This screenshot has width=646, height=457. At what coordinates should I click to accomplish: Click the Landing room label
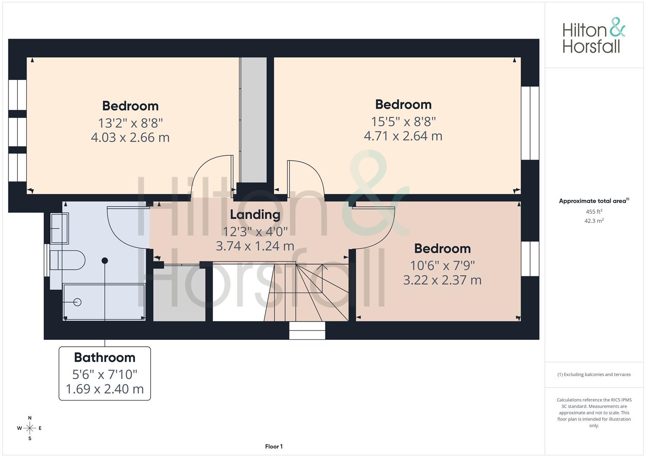[x=255, y=215]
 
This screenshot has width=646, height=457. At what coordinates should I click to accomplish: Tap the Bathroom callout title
[x=104, y=358]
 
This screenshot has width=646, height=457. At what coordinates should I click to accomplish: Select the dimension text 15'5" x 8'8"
[x=403, y=122]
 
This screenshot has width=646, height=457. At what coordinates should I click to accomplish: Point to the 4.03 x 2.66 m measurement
[x=130, y=138]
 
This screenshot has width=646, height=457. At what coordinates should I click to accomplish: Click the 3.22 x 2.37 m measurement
[x=442, y=280]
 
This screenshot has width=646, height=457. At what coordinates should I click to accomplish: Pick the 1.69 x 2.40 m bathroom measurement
[x=104, y=389]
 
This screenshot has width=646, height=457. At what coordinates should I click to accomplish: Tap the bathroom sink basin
[x=59, y=228]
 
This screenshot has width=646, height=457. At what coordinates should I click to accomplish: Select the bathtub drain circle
[x=77, y=302]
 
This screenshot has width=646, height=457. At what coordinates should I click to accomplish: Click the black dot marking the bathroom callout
[x=104, y=261]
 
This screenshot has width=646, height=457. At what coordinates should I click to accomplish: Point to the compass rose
[x=30, y=428]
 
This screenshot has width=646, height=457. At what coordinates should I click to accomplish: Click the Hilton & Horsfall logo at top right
[x=594, y=36]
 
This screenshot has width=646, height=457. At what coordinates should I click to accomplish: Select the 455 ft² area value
[x=594, y=212]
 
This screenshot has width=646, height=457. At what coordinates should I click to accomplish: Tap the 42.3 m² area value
[x=594, y=221]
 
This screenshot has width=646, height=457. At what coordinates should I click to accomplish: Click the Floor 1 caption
[x=274, y=446]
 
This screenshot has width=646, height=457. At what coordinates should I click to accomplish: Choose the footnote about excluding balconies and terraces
[x=594, y=374]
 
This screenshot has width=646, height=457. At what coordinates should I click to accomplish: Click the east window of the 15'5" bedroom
[x=530, y=123]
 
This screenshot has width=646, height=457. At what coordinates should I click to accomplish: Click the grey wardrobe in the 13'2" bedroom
[x=253, y=120]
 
